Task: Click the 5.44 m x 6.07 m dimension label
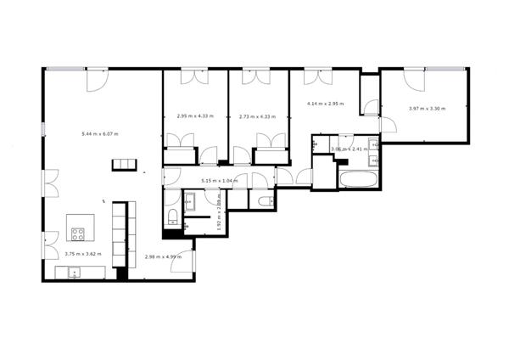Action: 100,134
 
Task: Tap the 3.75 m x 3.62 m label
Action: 82,254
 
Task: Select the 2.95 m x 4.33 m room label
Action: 195,116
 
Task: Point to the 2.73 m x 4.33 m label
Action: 257,116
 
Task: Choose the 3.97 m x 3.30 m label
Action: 427,108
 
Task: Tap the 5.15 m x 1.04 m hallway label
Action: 220,181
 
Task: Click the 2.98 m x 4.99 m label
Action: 163,256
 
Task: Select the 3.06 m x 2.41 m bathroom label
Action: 347,149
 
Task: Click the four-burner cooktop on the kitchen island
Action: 79,234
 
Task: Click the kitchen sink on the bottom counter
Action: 75,273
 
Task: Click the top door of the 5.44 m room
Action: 95,80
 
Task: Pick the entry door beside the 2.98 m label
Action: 182,262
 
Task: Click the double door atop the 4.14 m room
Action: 319,77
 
